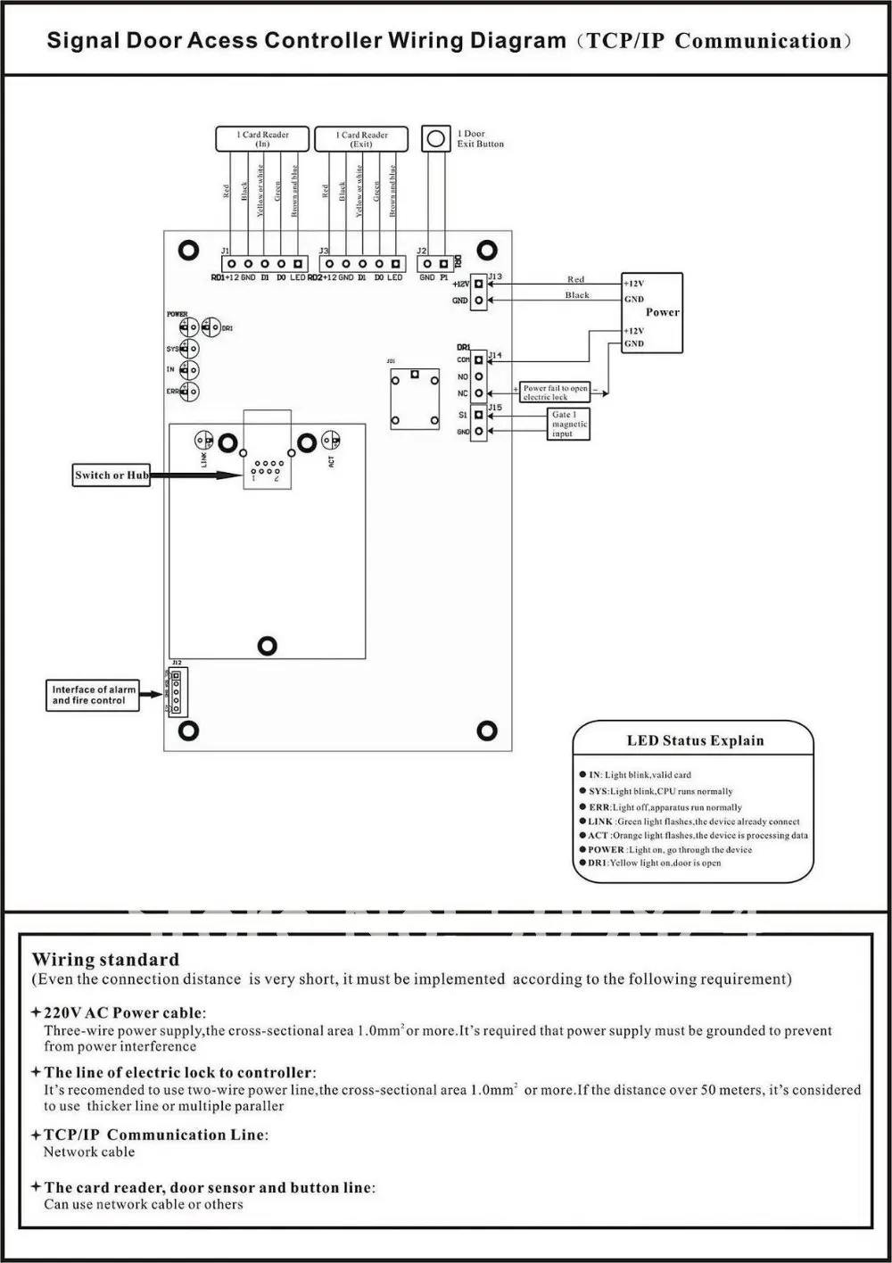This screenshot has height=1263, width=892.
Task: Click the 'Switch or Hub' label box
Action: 111,475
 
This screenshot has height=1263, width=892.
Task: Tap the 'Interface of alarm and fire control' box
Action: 94,695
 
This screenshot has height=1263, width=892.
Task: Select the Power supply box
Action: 652,312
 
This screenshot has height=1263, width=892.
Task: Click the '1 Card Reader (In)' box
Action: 262,139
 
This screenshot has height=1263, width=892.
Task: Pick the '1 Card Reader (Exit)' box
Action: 361,139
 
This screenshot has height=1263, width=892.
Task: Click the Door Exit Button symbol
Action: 436,138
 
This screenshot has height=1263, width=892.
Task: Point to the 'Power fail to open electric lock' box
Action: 555,392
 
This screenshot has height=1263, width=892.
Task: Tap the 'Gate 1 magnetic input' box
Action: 569,425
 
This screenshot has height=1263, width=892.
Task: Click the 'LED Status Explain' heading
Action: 695,740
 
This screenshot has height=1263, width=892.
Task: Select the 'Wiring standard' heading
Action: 105,960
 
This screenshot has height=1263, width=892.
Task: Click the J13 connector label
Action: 495,277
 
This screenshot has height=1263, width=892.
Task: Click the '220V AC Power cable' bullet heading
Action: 124,1012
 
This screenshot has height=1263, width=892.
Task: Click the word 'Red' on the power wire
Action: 576,279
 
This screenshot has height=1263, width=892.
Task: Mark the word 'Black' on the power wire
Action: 577,295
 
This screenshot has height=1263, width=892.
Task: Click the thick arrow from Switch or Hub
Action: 196,475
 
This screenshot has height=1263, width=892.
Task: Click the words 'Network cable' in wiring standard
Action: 89,1152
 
